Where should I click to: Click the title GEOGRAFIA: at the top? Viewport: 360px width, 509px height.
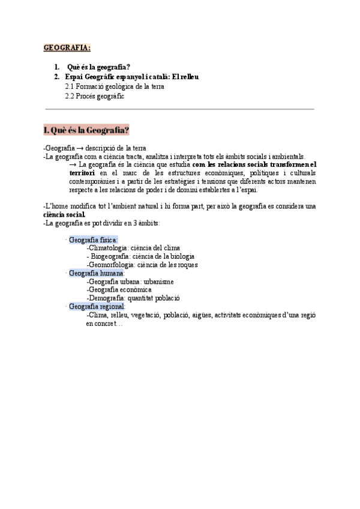(x=67, y=47)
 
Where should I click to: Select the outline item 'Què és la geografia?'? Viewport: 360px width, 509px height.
(x=99, y=67)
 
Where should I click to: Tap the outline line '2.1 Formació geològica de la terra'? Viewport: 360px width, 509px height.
(x=114, y=86)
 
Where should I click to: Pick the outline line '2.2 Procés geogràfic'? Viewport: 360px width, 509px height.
(x=94, y=96)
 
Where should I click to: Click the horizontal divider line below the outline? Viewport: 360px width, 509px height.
(x=179, y=109)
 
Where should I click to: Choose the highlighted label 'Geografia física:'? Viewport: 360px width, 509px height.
(x=93, y=240)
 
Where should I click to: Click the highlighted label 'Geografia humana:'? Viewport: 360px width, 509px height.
(x=95, y=273)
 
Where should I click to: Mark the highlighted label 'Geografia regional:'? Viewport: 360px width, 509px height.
(x=96, y=306)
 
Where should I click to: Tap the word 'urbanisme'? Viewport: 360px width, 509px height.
(x=155, y=282)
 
